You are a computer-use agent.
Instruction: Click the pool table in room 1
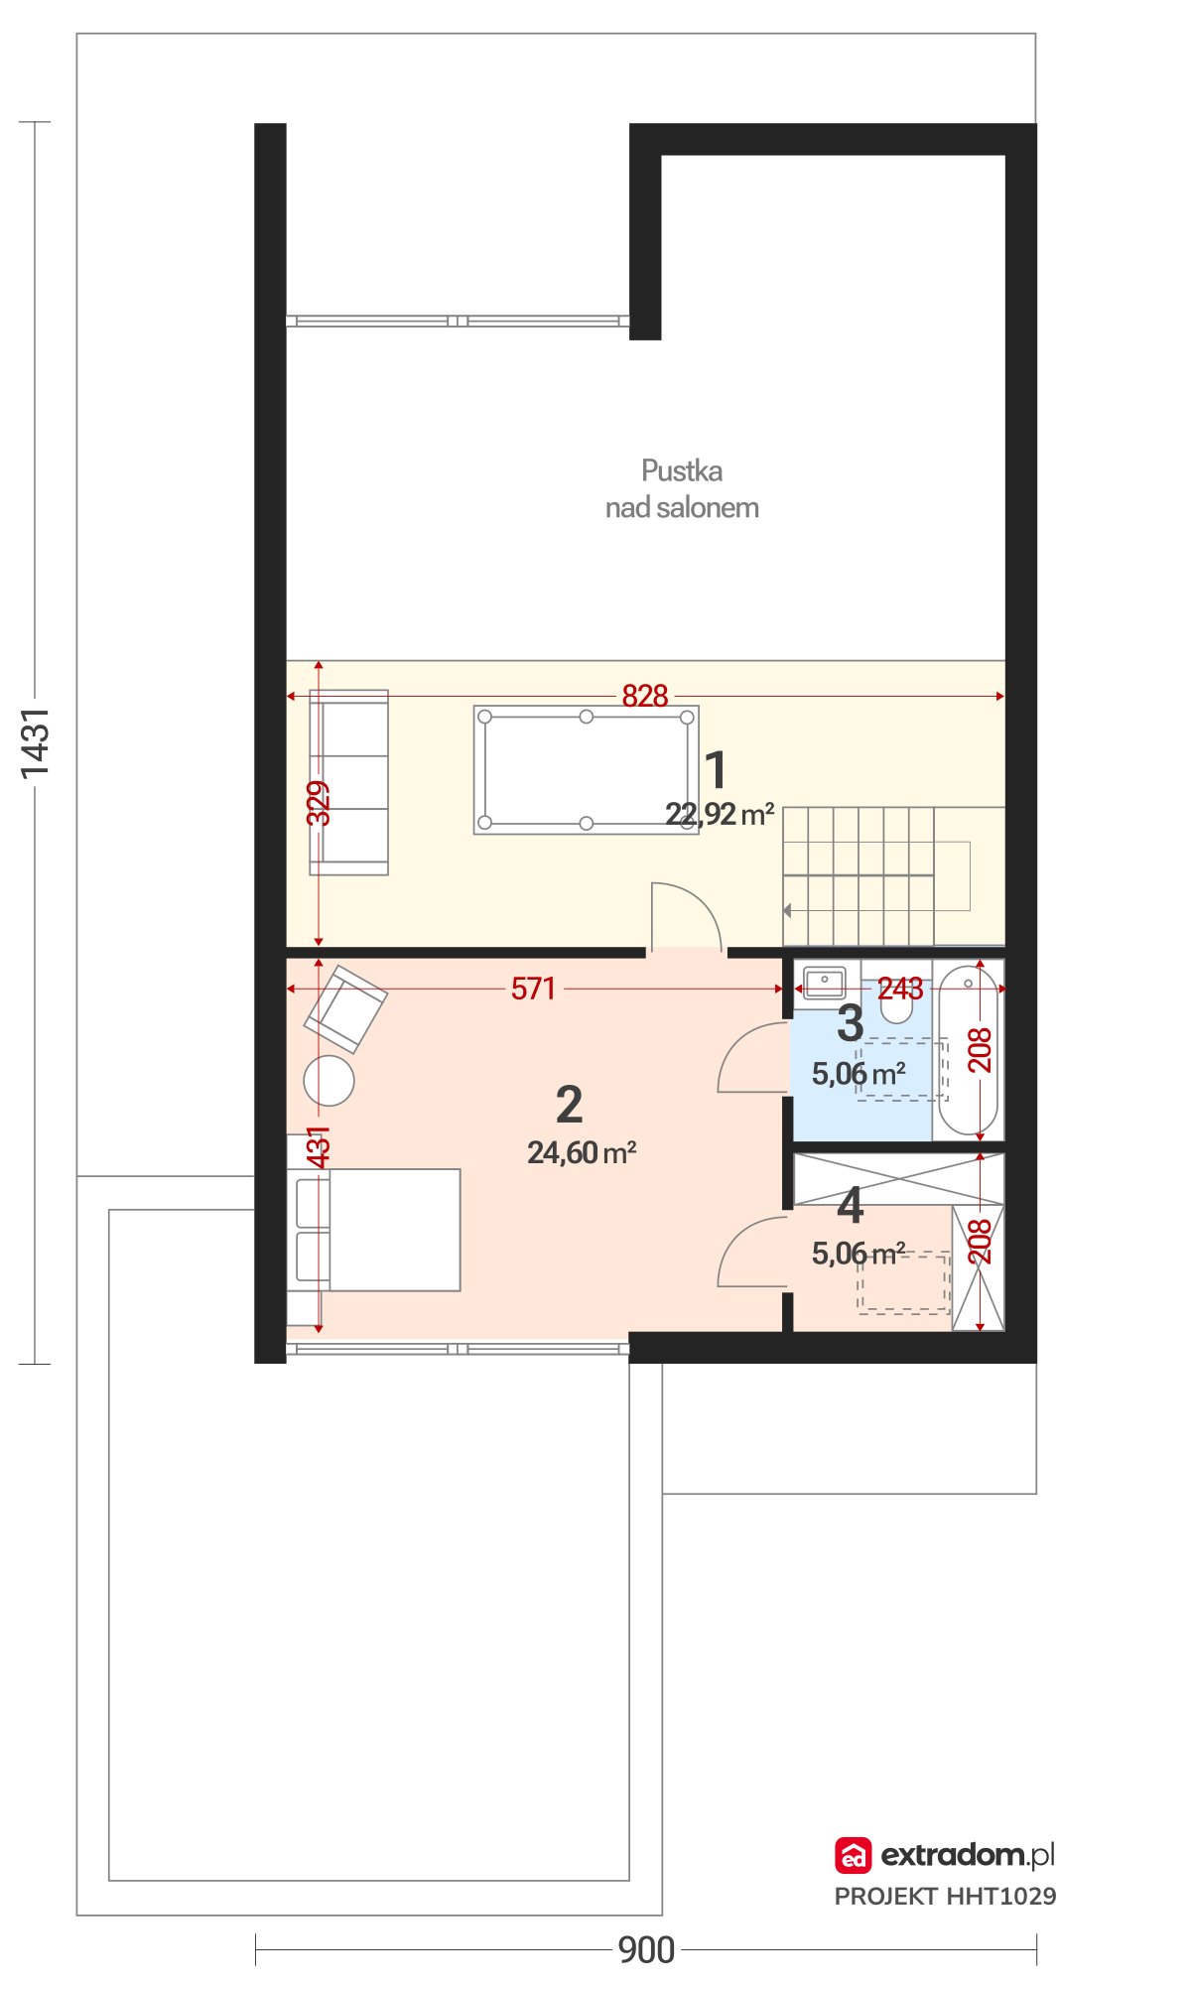(x=586, y=769)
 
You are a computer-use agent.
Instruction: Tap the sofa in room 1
(x=348, y=782)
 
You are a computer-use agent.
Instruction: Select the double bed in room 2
(x=374, y=1230)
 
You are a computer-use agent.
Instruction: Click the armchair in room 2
(x=345, y=1008)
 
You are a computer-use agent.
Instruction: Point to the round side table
(x=329, y=1080)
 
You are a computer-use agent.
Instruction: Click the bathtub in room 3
(x=968, y=1049)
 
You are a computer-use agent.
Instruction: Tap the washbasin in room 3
(x=825, y=983)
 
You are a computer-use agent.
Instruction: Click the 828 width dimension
(x=645, y=696)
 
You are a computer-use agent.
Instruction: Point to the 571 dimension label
(x=533, y=989)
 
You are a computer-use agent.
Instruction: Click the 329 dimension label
(x=318, y=803)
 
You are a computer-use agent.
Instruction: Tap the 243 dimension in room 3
(x=900, y=989)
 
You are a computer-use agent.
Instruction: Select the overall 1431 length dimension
(x=35, y=742)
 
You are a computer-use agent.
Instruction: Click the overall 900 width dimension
(x=646, y=1950)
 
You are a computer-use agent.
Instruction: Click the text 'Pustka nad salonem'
(x=682, y=488)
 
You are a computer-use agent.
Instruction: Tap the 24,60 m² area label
(x=582, y=1152)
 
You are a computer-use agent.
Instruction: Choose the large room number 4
(x=851, y=1205)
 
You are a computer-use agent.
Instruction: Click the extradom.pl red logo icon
(x=853, y=1855)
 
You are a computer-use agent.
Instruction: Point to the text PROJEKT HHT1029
(x=945, y=1897)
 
